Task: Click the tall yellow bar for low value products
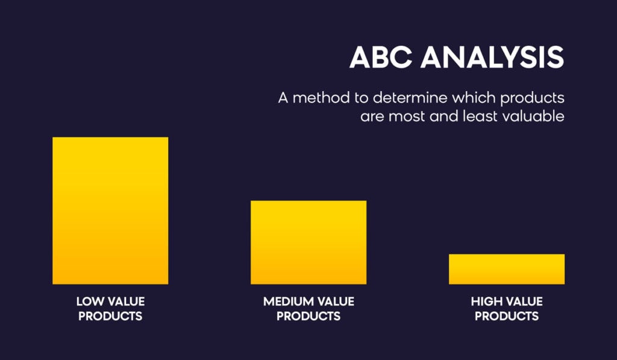110,210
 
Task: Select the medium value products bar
308,242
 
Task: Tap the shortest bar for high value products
507,270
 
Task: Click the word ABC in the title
381,57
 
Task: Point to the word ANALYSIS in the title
492,57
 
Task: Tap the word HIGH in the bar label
486,302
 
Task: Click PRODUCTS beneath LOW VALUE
110,316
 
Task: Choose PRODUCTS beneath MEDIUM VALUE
308,316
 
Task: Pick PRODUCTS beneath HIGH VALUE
507,316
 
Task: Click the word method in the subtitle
321,98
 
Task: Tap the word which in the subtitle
474,98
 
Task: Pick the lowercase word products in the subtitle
533,98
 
